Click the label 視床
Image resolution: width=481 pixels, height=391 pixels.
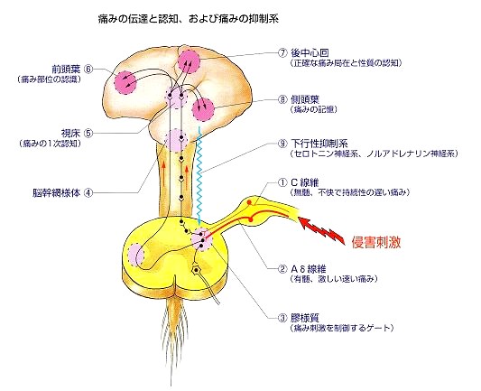click(70, 134)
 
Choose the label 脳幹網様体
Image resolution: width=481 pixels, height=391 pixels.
click(57, 193)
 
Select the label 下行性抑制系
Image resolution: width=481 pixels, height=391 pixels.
click(319, 143)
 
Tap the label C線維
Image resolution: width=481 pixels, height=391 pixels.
click(305, 183)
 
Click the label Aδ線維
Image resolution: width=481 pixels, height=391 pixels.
click(308, 269)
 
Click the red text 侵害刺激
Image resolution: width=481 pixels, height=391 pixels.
click(376, 242)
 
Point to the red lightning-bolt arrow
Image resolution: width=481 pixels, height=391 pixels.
click(321, 229)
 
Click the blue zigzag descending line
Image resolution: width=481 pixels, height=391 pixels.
click(199, 175)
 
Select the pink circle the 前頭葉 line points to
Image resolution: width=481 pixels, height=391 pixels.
click(125, 82)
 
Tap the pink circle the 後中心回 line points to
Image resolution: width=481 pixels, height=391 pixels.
click(189, 61)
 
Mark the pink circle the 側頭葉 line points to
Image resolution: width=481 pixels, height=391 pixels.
click(203, 109)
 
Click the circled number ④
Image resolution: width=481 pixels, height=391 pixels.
click(88, 193)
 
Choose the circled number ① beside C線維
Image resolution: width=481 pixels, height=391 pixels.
click(282, 183)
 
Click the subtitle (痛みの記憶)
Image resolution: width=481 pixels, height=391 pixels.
click(313, 109)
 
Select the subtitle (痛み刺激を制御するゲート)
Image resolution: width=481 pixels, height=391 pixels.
click(341, 328)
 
